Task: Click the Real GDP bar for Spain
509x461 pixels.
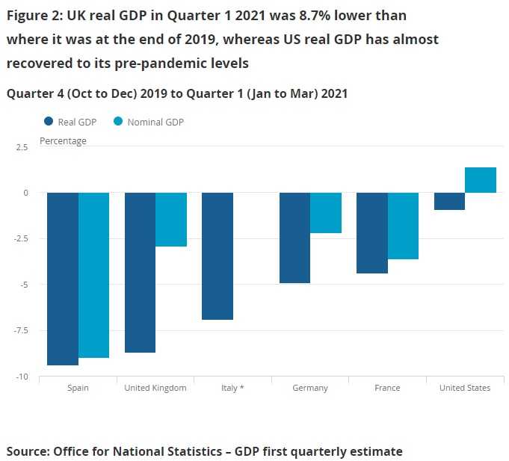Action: [63, 279]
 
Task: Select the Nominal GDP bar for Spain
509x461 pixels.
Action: [94, 275]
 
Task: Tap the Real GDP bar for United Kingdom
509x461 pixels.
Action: [140, 272]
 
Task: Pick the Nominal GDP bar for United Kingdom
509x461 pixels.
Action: [171, 220]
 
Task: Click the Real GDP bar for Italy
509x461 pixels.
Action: [217, 256]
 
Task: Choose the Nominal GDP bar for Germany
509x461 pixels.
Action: [326, 213]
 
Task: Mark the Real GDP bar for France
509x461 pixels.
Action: [371, 233]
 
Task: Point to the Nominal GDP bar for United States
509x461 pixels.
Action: [481, 180]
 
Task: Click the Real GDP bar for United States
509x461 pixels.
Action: [449, 201]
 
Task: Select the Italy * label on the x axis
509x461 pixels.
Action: [232, 388]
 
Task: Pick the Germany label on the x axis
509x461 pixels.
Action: [310, 388]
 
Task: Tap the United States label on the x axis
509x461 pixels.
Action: [465, 388]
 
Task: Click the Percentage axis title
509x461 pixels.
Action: [63, 140]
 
